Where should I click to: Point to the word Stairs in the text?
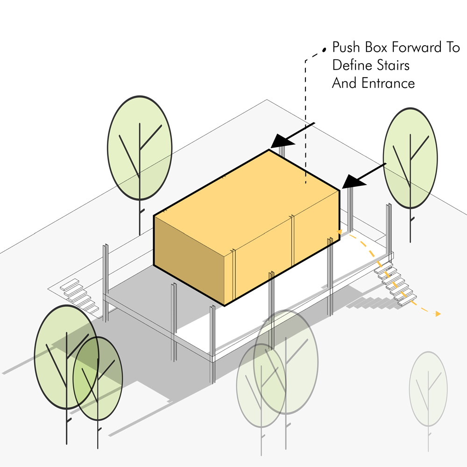coord(394,65)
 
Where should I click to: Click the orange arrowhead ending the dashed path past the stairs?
coord(438,314)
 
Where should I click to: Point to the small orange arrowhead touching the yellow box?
coord(340,231)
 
